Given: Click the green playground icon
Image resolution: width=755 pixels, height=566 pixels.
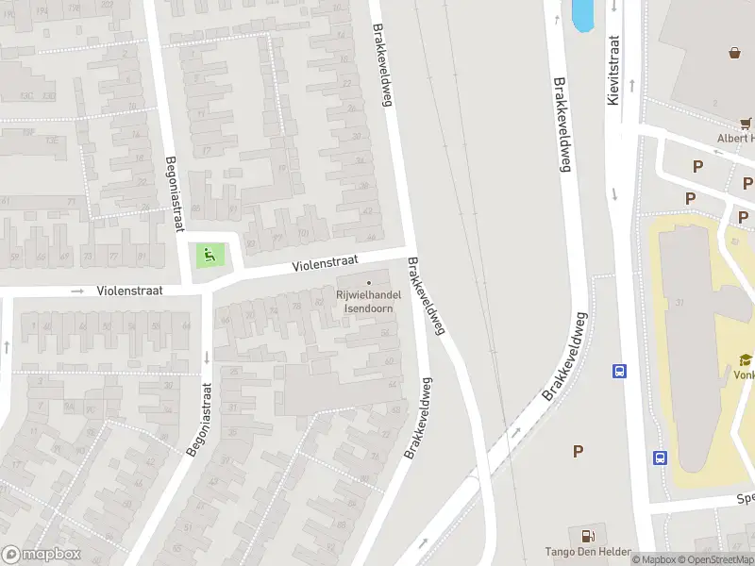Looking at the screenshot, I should coord(209,253).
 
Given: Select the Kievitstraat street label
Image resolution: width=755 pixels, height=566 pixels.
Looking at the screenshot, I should coord(613,71).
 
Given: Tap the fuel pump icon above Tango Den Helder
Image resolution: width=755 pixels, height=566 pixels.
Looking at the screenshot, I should coord(588,535).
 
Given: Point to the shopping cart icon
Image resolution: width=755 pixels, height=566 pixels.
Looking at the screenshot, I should coord(746,122).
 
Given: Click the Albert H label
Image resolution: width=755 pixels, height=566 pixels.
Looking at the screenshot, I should coord(735,139).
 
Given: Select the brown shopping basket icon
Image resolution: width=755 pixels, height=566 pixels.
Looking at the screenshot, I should coord(734,52).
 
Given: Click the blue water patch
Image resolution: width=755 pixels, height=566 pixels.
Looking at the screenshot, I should coord(583,14).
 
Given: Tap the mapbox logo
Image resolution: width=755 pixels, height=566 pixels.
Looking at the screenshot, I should coord(41,554).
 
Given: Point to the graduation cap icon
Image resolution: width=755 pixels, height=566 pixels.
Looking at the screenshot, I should coord(746,359).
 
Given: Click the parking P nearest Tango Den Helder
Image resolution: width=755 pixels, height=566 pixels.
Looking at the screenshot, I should coord(578,452).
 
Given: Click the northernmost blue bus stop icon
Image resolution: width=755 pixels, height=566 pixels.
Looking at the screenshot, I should coord(620,371).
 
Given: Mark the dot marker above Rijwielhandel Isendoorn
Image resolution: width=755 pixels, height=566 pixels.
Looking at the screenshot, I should coord(368,281).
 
